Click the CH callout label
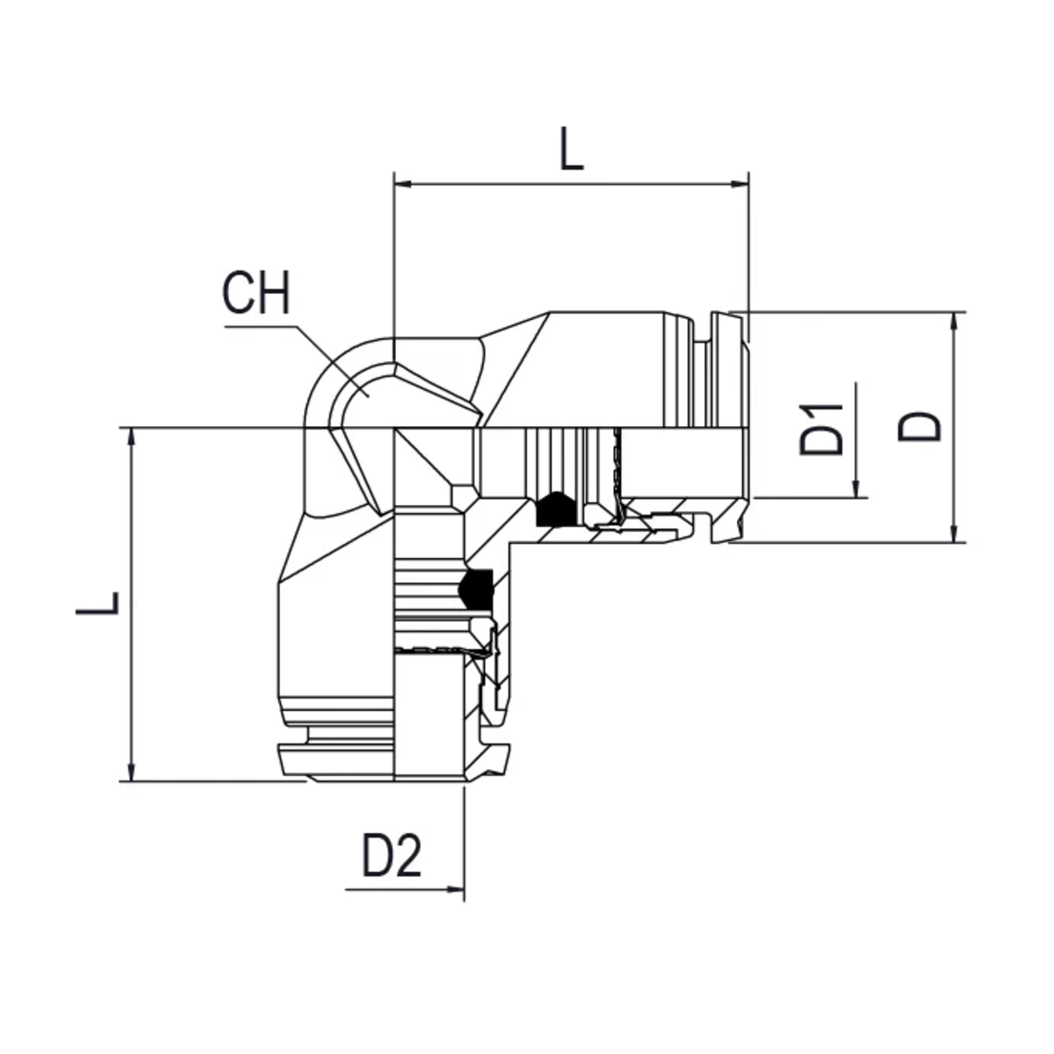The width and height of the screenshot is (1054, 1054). (256, 293)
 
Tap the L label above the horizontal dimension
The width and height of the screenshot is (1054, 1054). (572, 148)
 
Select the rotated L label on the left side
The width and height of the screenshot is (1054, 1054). (97, 603)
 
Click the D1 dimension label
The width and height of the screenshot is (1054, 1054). (821, 430)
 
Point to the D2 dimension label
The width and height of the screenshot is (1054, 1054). (392, 856)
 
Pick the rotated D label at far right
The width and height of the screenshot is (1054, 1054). (920, 427)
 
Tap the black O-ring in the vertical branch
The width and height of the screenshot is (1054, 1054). (476, 589)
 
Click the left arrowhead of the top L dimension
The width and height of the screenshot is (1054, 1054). (402, 184)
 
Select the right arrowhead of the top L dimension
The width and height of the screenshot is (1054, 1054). (740, 184)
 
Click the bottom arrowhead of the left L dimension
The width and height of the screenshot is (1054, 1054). (131, 772)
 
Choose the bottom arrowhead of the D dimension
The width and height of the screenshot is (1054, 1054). (955, 534)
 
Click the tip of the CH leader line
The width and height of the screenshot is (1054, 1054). (369, 397)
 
